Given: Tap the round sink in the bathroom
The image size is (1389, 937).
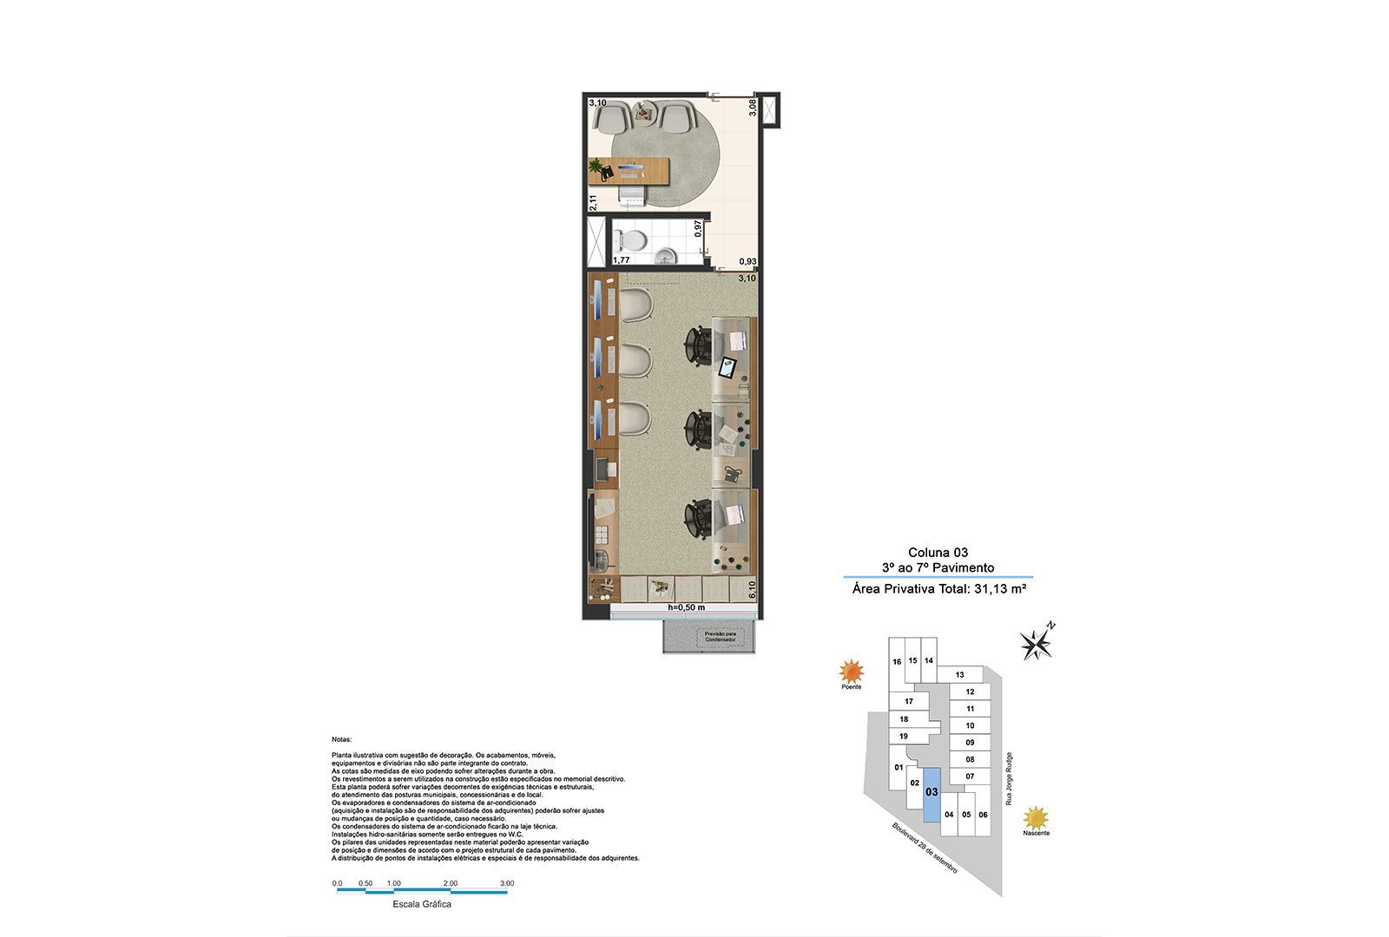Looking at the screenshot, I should (665, 255).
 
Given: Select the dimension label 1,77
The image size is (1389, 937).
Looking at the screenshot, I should (621, 259).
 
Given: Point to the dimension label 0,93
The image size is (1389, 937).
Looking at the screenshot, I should (747, 261).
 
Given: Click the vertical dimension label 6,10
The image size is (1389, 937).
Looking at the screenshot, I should (752, 590).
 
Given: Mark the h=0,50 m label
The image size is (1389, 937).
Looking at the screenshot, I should (686, 607).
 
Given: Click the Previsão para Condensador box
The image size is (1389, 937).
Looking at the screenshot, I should (720, 637).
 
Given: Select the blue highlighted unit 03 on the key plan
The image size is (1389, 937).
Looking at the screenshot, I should (931, 794).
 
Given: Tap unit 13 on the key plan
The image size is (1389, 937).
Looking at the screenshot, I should (959, 675).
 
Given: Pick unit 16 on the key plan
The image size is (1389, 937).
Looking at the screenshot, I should (897, 663).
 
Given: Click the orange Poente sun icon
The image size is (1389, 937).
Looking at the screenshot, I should (851, 671).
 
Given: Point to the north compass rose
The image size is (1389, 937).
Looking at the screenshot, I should (1037, 643).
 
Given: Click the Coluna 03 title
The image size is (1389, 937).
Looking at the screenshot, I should (938, 552).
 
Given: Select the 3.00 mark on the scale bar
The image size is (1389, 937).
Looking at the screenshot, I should (507, 883).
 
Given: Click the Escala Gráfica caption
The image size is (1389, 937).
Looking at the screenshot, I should (421, 904).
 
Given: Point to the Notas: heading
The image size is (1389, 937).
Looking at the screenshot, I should (342, 739).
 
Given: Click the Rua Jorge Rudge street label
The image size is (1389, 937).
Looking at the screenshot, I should (1009, 778).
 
